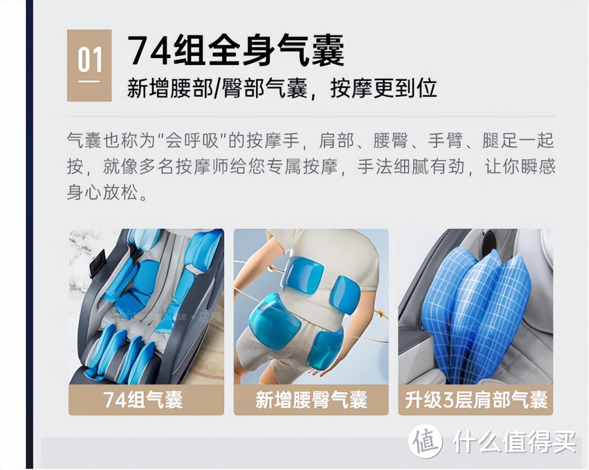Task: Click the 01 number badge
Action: [89, 65]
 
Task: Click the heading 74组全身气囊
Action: [235, 51]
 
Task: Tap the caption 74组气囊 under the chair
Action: [143, 400]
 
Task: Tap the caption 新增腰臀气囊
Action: [311, 400]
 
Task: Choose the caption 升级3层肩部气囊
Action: [476, 400]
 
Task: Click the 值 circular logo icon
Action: [425, 441]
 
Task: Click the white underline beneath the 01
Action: [89, 81]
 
